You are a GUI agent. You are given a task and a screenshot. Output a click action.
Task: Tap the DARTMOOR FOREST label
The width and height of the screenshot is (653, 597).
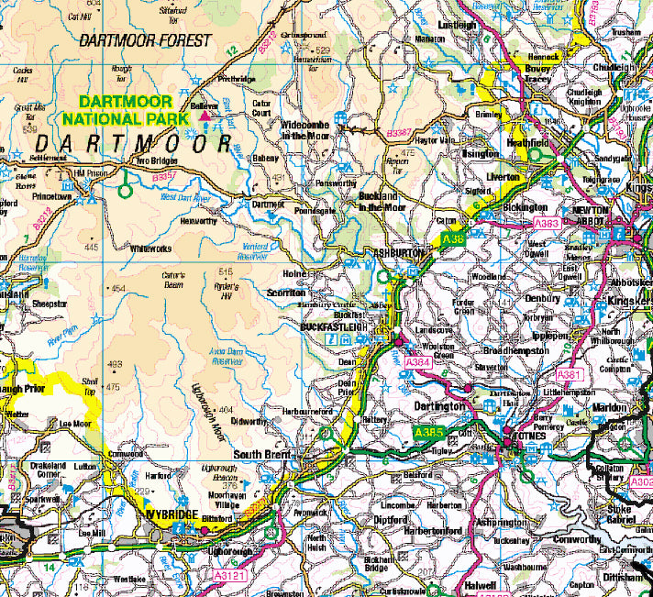click(x=145, y=40)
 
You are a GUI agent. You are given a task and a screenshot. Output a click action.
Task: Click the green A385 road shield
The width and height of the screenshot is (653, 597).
click(x=429, y=432)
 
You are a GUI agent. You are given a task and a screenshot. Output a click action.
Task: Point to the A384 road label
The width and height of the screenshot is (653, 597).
click(x=417, y=363)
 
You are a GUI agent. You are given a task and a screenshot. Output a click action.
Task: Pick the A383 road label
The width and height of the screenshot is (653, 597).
click(x=546, y=223)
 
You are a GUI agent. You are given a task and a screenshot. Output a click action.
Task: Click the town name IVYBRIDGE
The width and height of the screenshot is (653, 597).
click(x=173, y=517)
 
